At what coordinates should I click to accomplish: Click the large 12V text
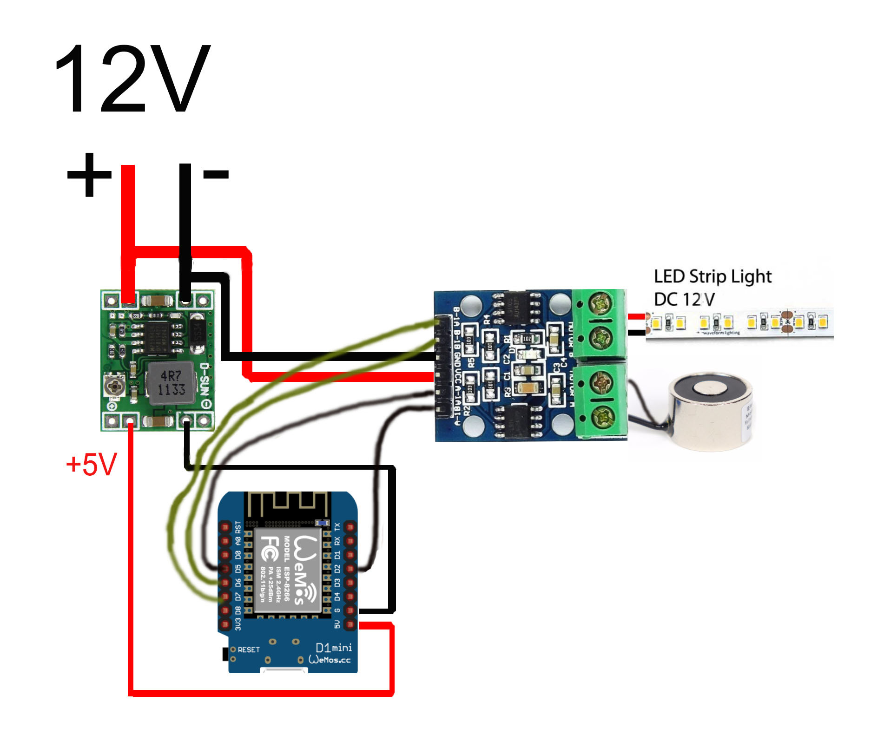132,79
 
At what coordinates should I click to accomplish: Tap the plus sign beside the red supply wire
89,174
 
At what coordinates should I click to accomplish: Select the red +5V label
92,464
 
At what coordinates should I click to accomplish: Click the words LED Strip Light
712,276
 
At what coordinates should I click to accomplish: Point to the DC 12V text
684,300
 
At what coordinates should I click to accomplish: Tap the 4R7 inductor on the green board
170,383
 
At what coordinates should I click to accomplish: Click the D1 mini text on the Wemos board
333,648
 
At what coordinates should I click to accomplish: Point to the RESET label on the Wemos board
248,649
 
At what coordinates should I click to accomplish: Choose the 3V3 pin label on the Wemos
238,624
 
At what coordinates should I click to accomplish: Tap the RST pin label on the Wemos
238,527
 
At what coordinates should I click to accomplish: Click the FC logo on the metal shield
269,548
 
